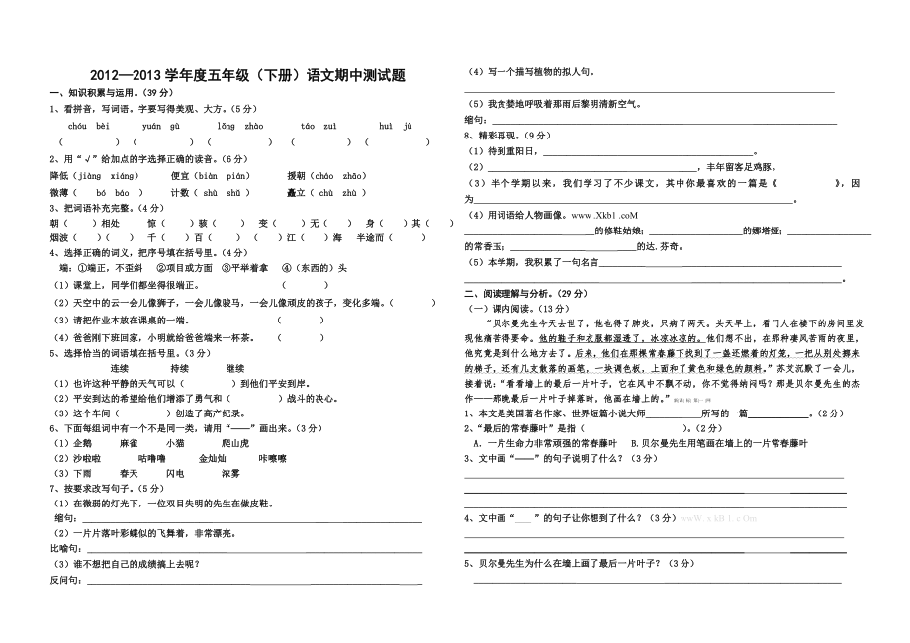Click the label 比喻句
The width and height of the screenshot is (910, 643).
[x=64, y=547]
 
